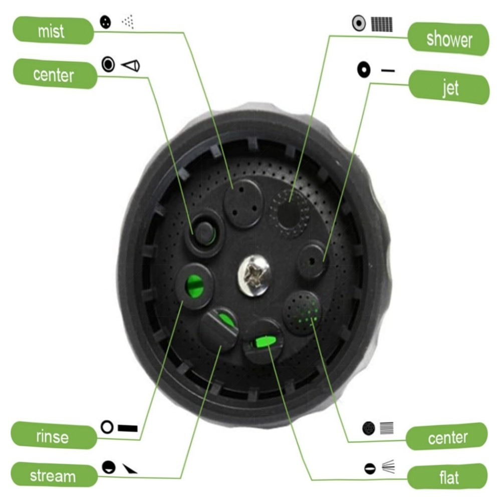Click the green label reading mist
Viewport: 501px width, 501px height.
[x=53, y=31]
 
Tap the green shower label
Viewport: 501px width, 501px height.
[x=448, y=39]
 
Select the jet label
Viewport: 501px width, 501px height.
[x=449, y=87]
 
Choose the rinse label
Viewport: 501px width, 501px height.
[x=54, y=436]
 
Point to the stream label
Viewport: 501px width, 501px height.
[x=54, y=475]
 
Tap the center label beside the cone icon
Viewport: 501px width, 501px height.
[x=55, y=74]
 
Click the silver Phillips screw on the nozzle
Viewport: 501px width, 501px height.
[x=255, y=275]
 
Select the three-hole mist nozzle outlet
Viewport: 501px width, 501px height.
[x=244, y=203]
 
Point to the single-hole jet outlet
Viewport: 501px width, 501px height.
[x=312, y=261]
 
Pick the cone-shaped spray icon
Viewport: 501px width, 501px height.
[x=131, y=66]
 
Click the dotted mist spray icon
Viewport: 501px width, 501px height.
[x=128, y=22]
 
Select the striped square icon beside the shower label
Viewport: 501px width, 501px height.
[x=382, y=24]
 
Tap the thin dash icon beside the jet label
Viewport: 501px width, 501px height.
[x=388, y=70]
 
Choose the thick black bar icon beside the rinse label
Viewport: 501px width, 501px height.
[x=127, y=428]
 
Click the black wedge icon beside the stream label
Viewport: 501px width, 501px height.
[x=130, y=469]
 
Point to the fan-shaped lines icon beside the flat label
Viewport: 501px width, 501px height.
[x=389, y=466]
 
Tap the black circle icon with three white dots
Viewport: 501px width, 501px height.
[x=105, y=22]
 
